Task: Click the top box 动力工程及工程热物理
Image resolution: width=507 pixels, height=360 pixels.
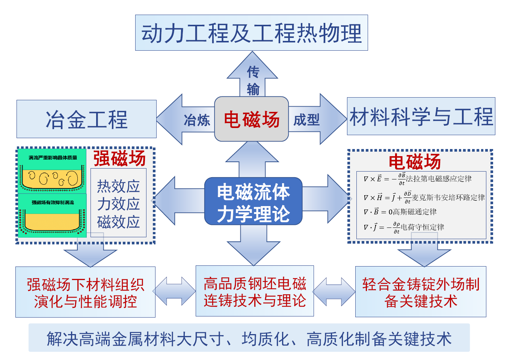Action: (x=251, y=33)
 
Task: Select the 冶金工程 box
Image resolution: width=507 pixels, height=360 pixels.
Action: (x=86, y=119)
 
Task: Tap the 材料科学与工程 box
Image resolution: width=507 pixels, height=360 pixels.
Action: (x=421, y=116)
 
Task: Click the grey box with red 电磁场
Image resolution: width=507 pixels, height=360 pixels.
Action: (x=251, y=119)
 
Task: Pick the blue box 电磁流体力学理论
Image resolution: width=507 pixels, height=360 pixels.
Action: (x=253, y=202)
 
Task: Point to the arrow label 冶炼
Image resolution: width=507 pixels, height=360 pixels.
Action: (x=196, y=120)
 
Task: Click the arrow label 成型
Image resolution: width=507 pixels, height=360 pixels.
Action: (x=306, y=120)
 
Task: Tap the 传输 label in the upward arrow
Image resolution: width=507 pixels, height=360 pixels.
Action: (x=253, y=80)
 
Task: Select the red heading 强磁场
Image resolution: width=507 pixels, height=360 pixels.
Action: (x=119, y=158)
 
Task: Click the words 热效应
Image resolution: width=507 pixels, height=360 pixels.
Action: (x=118, y=186)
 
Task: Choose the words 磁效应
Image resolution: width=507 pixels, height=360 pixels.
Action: (x=118, y=222)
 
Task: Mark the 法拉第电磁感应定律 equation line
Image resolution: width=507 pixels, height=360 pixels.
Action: (x=417, y=179)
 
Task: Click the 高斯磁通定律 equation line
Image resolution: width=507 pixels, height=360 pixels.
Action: (x=400, y=212)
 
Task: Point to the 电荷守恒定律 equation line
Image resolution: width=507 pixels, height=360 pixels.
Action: (x=404, y=227)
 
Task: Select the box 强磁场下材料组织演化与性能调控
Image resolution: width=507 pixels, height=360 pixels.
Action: (x=85, y=292)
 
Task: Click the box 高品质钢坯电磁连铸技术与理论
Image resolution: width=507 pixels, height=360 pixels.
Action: (x=255, y=291)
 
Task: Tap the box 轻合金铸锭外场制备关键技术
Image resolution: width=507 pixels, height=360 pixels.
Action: (x=421, y=292)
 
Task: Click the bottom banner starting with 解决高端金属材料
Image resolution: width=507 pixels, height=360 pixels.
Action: (x=249, y=338)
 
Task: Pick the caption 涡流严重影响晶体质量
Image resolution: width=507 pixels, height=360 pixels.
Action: (x=53, y=158)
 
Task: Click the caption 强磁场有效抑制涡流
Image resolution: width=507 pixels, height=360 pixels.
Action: (x=53, y=202)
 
